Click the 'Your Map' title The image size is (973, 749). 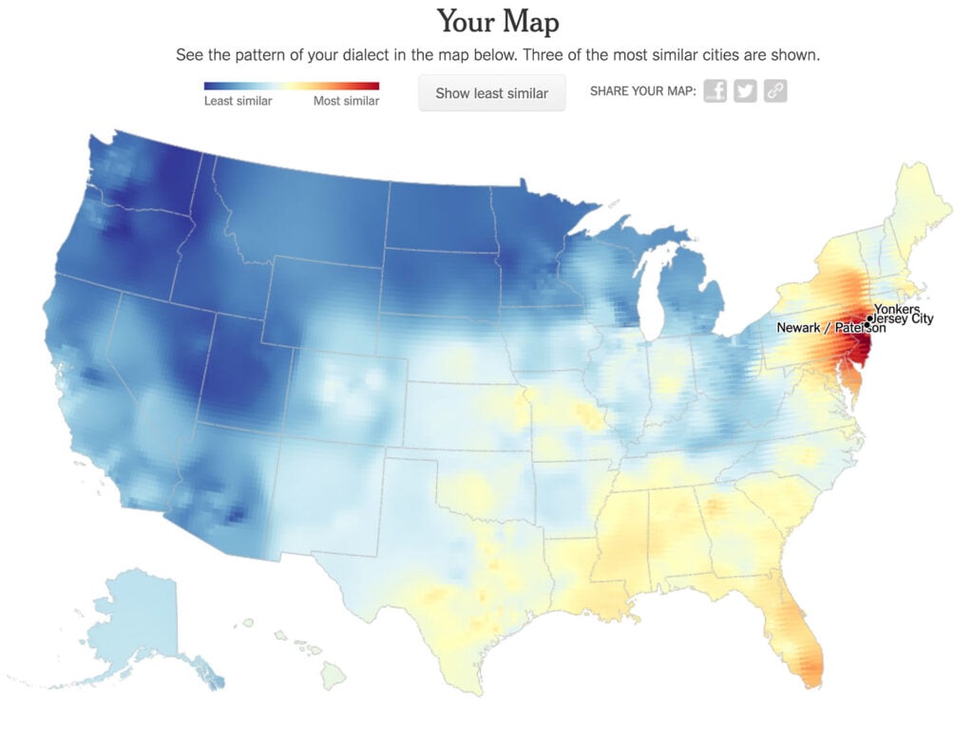point(498,21)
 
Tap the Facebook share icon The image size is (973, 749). point(715,91)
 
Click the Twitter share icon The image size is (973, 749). point(746,91)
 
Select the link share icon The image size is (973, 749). point(775,91)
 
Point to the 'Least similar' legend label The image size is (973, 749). point(238,101)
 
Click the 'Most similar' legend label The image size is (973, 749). point(346,101)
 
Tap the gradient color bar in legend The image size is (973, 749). point(292,86)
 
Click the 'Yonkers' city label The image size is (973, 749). point(897,310)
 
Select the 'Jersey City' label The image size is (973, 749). point(904,319)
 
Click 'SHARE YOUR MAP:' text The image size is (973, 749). point(643,92)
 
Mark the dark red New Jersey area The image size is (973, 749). point(860,352)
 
